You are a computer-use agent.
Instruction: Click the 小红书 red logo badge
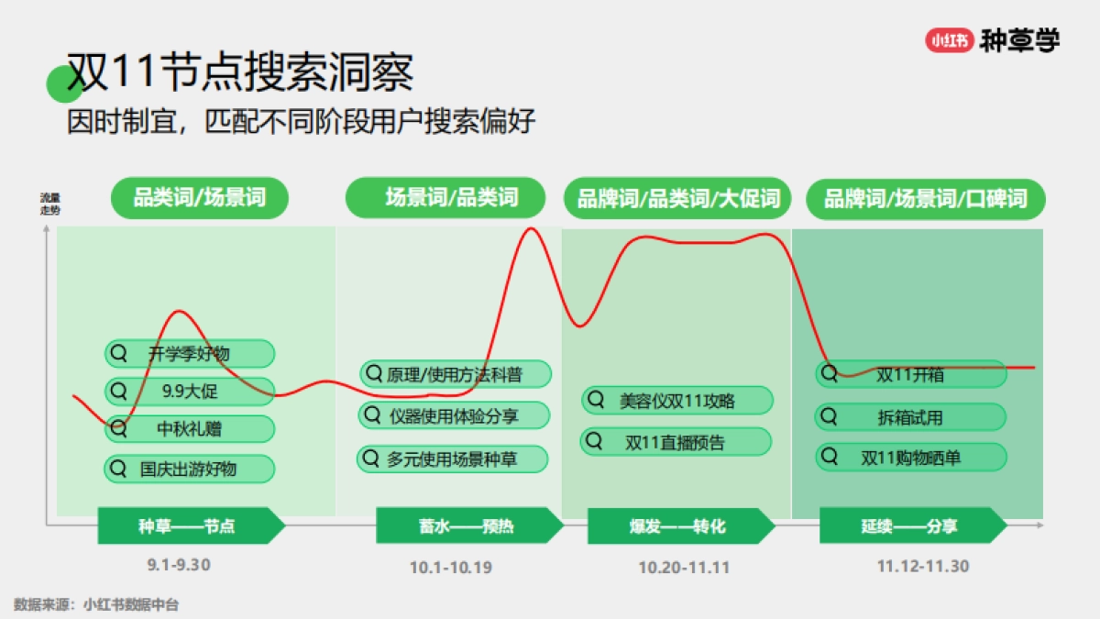click(949, 40)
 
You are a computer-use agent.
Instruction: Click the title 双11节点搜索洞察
click(240, 72)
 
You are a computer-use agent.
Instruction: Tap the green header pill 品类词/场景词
click(199, 198)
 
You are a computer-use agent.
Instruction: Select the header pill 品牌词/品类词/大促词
click(677, 198)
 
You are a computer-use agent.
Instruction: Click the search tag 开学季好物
click(190, 353)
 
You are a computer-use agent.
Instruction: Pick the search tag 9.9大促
click(190, 392)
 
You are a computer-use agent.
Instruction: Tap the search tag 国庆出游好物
click(190, 469)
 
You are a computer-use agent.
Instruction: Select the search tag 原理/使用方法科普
click(456, 374)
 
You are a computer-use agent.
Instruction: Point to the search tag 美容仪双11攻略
click(677, 401)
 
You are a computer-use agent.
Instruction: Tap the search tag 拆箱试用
click(909, 417)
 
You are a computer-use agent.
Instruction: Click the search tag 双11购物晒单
click(910, 457)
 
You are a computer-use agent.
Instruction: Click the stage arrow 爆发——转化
click(679, 526)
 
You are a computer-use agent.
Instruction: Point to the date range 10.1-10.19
click(451, 568)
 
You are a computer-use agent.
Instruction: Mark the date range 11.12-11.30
click(922, 566)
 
